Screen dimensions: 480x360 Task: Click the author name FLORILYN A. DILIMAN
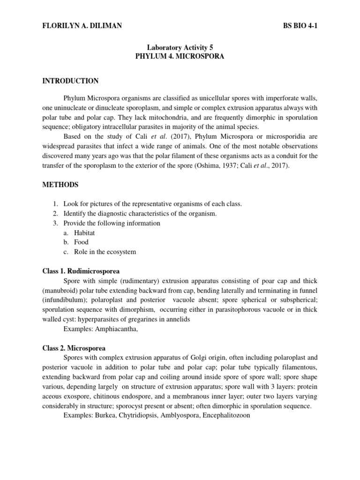coord(82,26)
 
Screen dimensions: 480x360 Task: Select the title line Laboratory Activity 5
coord(180,47)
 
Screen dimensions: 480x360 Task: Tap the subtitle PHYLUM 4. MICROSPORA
coord(180,56)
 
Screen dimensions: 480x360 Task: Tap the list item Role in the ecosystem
coord(105,252)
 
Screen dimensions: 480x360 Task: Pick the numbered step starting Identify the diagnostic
coord(140,214)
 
